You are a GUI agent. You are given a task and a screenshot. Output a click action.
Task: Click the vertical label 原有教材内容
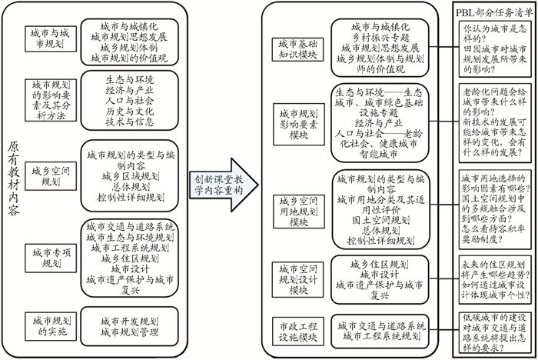point(15,182)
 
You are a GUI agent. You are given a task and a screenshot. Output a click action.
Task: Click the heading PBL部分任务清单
point(493,8)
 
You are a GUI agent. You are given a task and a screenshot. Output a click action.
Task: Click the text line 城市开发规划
point(132,320)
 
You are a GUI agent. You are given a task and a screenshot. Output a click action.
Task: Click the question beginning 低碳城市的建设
point(494,329)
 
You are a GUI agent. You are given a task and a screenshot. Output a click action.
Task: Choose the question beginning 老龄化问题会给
point(494,124)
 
